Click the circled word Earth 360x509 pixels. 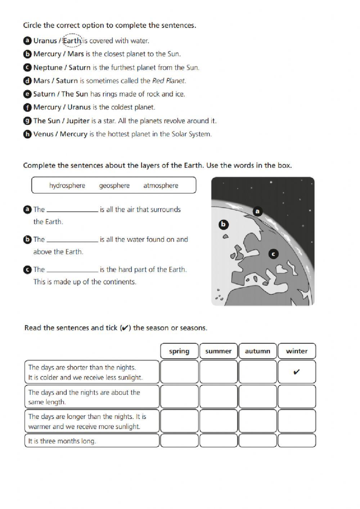72,41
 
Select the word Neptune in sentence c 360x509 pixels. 48,68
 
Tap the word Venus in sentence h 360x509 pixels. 43,134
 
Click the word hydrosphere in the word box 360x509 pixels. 67,186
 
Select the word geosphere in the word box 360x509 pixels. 114,186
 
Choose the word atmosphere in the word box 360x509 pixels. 161,186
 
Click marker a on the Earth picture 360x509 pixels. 257,211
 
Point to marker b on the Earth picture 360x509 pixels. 223,225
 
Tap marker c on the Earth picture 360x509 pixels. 273,254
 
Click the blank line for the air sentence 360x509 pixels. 72,211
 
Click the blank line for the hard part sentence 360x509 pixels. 72,271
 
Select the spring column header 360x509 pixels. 179,351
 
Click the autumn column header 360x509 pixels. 257,351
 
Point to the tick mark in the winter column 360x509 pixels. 297,372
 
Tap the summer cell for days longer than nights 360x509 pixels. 218,421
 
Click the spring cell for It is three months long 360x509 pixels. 179,441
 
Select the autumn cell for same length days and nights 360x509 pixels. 257,397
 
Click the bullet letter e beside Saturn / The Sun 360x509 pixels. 27,94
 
